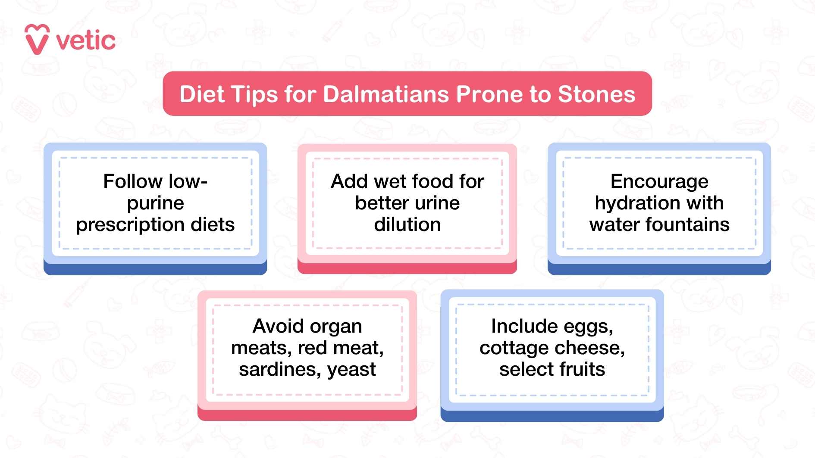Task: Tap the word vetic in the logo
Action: tap(86, 41)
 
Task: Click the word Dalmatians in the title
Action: tap(386, 94)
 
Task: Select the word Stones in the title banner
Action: tap(596, 94)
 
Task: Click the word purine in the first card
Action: tap(156, 203)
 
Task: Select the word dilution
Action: tap(407, 225)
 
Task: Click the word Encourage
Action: tap(659, 182)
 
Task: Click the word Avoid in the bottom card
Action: tap(274, 326)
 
